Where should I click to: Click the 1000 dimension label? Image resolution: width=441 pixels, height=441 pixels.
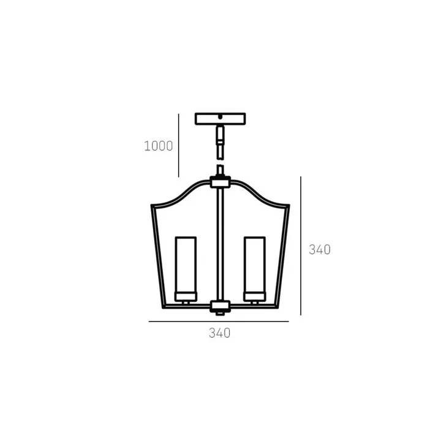click(159, 146)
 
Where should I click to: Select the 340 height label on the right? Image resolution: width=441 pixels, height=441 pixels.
click(320, 249)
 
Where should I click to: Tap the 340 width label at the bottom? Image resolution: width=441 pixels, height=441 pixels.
click(220, 333)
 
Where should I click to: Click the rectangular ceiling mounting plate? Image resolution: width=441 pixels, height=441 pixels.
click(221, 119)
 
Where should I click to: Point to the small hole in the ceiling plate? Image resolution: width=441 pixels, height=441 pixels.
click(221, 117)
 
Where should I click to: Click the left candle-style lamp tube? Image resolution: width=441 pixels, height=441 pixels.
click(186, 265)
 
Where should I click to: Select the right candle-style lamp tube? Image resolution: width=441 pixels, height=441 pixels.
click(255, 265)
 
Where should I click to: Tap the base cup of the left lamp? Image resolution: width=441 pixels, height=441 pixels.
click(186, 296)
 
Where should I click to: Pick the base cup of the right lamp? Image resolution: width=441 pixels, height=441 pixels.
click(255, 296)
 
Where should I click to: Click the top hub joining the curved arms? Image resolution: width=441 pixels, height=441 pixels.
click(221, 183)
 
